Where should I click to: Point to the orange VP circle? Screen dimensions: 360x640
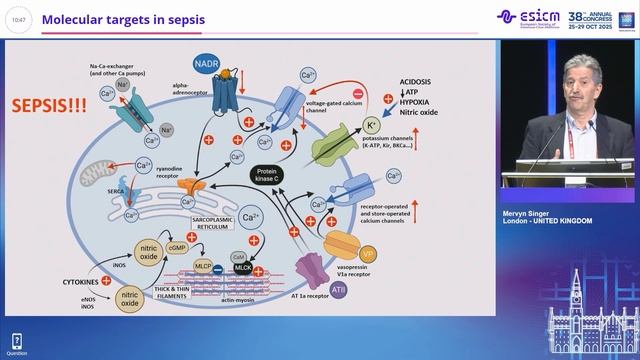pyautogui.click(x=368, y=255)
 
